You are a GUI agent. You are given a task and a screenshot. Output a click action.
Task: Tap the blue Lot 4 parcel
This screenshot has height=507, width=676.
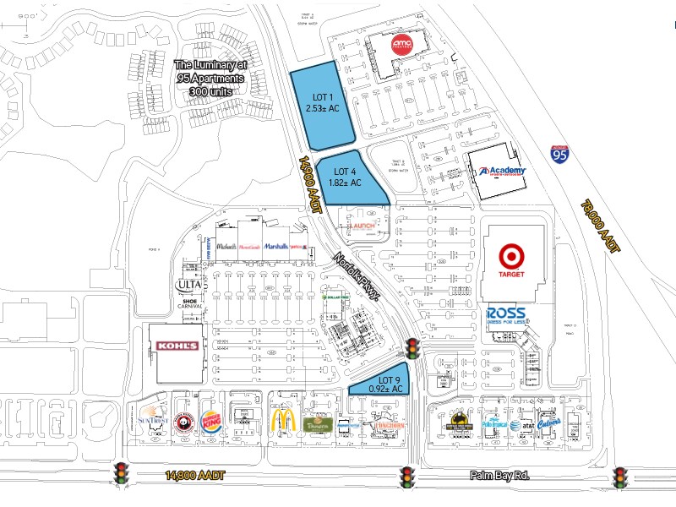click(347, 177)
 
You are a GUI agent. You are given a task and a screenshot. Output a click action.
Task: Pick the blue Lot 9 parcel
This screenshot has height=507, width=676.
click(387, 382)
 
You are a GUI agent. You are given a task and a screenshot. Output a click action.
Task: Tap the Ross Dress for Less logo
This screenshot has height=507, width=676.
click(507, 315)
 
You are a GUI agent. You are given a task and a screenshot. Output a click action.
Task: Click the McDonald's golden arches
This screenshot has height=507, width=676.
click(282, 421)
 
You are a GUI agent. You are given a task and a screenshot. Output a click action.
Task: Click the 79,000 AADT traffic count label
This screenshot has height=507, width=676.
click(601, 228)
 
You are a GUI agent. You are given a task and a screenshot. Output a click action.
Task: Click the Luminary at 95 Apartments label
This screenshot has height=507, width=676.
click(210, 78)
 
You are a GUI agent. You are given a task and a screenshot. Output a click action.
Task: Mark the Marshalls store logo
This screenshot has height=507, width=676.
click(275, 246)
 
